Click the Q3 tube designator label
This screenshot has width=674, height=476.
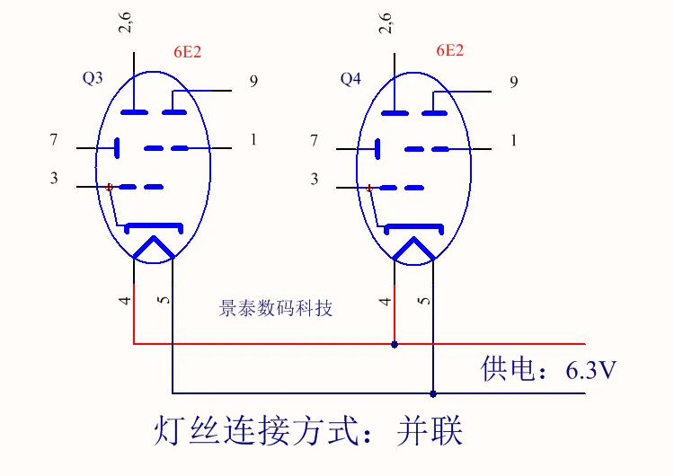click(93, 78)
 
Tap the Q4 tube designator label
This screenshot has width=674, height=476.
click(350, 79)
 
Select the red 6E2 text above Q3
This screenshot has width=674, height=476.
click(188, 52)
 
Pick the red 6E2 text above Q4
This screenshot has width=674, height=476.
click(450, 50)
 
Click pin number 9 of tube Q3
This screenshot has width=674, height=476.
click(253, 81)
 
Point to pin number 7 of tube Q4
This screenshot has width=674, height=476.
click(315, 140)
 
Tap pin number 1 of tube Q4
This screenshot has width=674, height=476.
click(513, 140)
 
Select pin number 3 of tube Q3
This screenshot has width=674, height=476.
click(54, 178)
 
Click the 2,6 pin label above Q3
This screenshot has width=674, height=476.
click(125, 22)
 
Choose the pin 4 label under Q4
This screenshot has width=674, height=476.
click(386, 301)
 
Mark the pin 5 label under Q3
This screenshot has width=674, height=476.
click(164, 299)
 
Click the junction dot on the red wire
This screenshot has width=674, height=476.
click(395, 345)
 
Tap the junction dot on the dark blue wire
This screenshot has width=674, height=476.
click(433, 393)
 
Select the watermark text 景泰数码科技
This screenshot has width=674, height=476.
click(276, 308)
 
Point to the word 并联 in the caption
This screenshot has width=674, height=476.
click(430, 430)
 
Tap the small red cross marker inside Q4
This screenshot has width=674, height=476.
click(369, 189)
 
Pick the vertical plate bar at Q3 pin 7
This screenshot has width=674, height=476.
click(117, 148)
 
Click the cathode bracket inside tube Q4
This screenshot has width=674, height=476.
click(413, 226)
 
